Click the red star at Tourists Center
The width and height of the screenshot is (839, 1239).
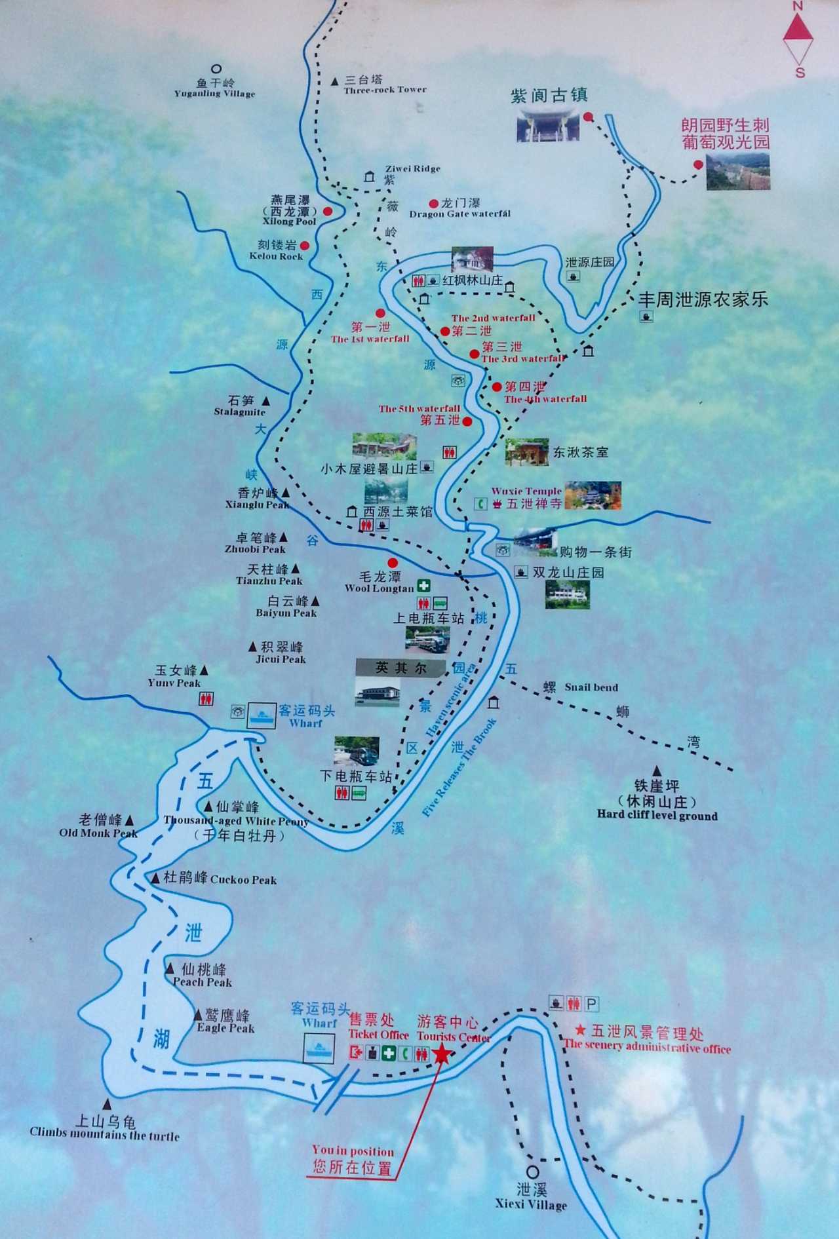click(x=442, y=1054)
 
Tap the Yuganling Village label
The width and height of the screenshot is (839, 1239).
click(x=214, y=94)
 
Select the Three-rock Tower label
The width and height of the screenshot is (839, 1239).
click(x=385, y=90)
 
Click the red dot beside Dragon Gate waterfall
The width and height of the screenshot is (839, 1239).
click(x=433, y=204)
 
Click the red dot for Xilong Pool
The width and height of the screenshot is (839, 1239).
click(x=327, y=211)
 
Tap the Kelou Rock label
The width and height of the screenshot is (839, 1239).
click(x=276, y=256)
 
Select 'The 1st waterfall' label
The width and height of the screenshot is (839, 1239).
click(x=370, y=339)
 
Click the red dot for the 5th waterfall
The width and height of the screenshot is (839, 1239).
click(x=467, y=421)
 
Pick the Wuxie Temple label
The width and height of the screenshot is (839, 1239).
click(x=526, y=491)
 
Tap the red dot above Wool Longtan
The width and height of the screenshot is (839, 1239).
click(x=393, y=562)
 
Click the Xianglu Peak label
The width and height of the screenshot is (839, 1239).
click(x=257, y=505)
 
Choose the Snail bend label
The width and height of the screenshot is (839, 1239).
click(x=591, y=687)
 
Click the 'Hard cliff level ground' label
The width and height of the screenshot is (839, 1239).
click(x=657, y=816)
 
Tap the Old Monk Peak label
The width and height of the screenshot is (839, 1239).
click(x=98, y=833)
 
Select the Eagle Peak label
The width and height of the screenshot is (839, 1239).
click(x=225, y=1028)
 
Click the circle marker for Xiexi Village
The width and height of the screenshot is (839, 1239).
click(x=532, y=1172)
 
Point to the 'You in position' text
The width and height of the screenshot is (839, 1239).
click(x=353, y=1151)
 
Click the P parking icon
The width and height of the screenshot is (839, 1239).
click(x=591, y=1004)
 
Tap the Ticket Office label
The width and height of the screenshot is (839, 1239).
click(x=378, y=1035)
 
